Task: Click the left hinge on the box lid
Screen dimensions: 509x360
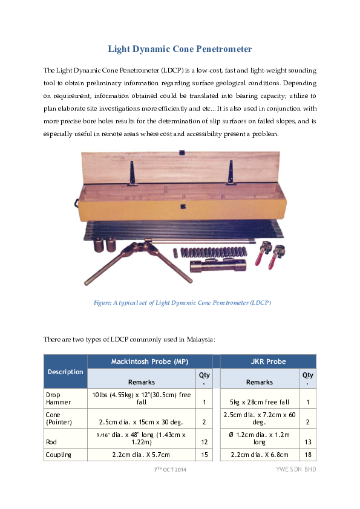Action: (x=130, y=173)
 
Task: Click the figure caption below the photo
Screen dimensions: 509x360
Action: (x=182, y=302)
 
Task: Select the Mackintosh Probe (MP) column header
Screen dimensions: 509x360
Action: (x=149, y=361)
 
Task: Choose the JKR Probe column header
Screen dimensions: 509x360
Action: (x=267, y=361)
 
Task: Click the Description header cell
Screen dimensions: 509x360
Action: (x=65, y=372)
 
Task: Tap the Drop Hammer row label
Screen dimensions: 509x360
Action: (x=58, y=398)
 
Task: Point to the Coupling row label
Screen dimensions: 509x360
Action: (x=58, y=455)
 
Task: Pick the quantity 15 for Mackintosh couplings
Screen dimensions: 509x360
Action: (x=205, y=455)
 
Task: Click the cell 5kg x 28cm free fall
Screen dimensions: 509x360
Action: (x=260, y=402)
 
